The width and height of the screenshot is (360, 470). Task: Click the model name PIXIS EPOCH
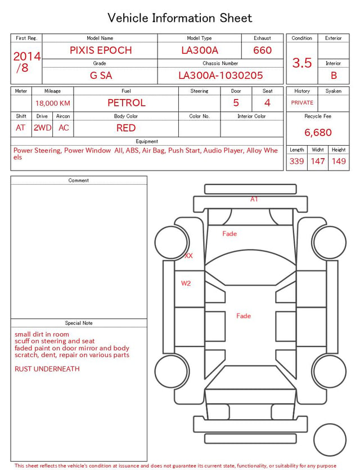click(101, 50)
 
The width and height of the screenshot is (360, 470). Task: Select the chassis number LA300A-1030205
click(220, 75)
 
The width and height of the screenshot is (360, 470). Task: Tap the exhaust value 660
click(262, 50)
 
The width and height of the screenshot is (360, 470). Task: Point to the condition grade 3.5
click(302, 62)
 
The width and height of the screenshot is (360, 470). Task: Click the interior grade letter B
click(334, 75)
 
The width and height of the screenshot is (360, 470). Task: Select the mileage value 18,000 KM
click(53, 104)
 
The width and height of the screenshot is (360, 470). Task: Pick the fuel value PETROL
click(127, 103)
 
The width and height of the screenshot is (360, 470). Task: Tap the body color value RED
click(126, 128)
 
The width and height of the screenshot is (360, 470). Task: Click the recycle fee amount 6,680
click(318, 132)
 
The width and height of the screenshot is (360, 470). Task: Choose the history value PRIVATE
click(302, 102)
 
